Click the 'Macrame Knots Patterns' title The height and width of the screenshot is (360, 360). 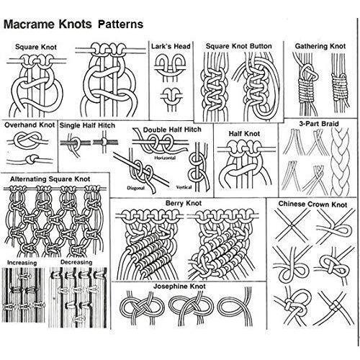[x=73, y=24]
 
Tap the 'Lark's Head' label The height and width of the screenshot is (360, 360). [x=171, y=46]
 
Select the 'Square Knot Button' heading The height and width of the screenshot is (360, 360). [x=239, y=46]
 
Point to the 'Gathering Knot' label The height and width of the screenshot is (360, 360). [x=320, y=46]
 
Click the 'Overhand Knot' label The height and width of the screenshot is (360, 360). [x=30, y=125]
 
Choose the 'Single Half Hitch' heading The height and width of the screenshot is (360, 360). [x=87, y=125]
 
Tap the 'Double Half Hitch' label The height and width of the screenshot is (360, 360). [x=172, y=130]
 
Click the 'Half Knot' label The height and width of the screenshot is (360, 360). [x=244, y=133]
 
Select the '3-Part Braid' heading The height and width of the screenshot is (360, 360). [x=319, y=124]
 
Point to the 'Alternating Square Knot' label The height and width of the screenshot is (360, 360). [x=50, y=179]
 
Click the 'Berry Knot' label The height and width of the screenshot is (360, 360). [x=184, y=203]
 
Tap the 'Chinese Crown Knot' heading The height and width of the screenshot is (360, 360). [x=312, y=204]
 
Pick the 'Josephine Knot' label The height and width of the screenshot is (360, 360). [x=179, y=287]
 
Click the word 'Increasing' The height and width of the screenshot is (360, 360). [x=22, y=263]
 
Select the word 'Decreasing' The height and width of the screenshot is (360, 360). [x=76, y=262]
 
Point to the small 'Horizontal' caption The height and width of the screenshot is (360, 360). [x=165, y=158]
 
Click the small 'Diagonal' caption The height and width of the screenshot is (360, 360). [x=136, y=188]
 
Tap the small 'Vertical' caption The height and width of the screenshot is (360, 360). [x=184, y=187]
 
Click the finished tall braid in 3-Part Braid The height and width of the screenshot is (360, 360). [x=340, y=161]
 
